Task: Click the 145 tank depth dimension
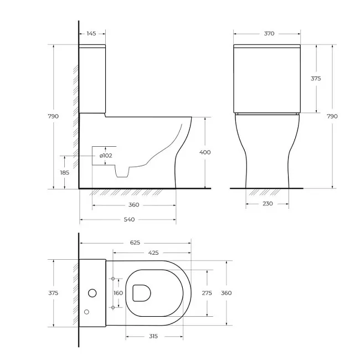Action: [91, 34]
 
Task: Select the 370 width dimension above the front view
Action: [269, 34]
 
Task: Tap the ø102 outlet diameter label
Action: [106, 156]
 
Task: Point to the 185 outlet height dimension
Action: [64, 172]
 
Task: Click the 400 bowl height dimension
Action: [205, 152]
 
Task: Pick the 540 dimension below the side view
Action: [129, 219]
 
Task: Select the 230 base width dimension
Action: [268, 204]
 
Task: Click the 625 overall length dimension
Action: [135, 243]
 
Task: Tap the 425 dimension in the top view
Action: [153, 253]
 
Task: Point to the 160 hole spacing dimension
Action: [118, 293]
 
